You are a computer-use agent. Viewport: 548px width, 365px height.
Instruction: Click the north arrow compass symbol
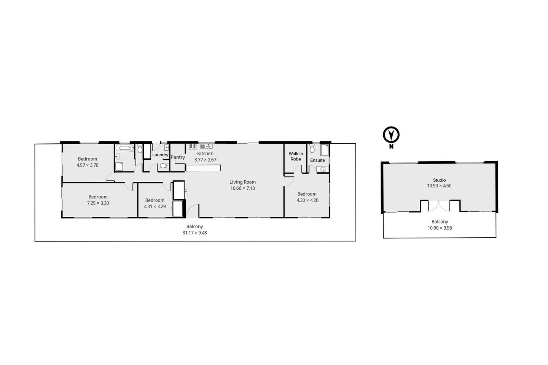(391, 135)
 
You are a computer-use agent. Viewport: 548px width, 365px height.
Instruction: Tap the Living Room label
(242, 182)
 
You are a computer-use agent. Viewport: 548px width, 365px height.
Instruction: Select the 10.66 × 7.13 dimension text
(242, 188)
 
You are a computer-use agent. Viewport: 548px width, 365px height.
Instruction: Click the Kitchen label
(205, 154)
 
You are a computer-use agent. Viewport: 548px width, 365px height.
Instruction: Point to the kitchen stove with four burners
(193, 146)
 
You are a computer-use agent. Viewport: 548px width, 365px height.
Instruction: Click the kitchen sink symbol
(206, 146)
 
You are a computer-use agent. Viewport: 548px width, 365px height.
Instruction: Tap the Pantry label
(178, 157)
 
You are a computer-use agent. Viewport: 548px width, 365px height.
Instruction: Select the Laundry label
(160, 155)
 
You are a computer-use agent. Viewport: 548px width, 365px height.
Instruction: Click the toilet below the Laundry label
(164, 166)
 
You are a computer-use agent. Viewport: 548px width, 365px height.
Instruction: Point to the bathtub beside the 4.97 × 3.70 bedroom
(124, 148)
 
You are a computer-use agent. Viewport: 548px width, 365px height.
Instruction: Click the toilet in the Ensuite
(312, 148)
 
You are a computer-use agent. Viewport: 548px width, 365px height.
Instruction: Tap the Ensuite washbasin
(323, 170)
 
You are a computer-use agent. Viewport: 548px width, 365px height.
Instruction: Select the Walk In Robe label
(296, 156)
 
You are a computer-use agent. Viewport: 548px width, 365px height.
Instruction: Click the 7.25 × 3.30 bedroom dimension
(98, 203)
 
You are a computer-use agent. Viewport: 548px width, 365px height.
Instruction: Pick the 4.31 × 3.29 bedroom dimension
(155, 206)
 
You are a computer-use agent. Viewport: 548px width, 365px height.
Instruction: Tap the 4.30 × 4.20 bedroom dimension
(307, 200)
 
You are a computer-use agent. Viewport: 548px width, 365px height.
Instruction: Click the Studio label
(439, 180)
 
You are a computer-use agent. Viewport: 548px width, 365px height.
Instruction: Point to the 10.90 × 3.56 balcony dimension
(440, 228)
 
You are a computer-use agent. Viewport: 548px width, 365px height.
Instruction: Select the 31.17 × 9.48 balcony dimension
(194, 233)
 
